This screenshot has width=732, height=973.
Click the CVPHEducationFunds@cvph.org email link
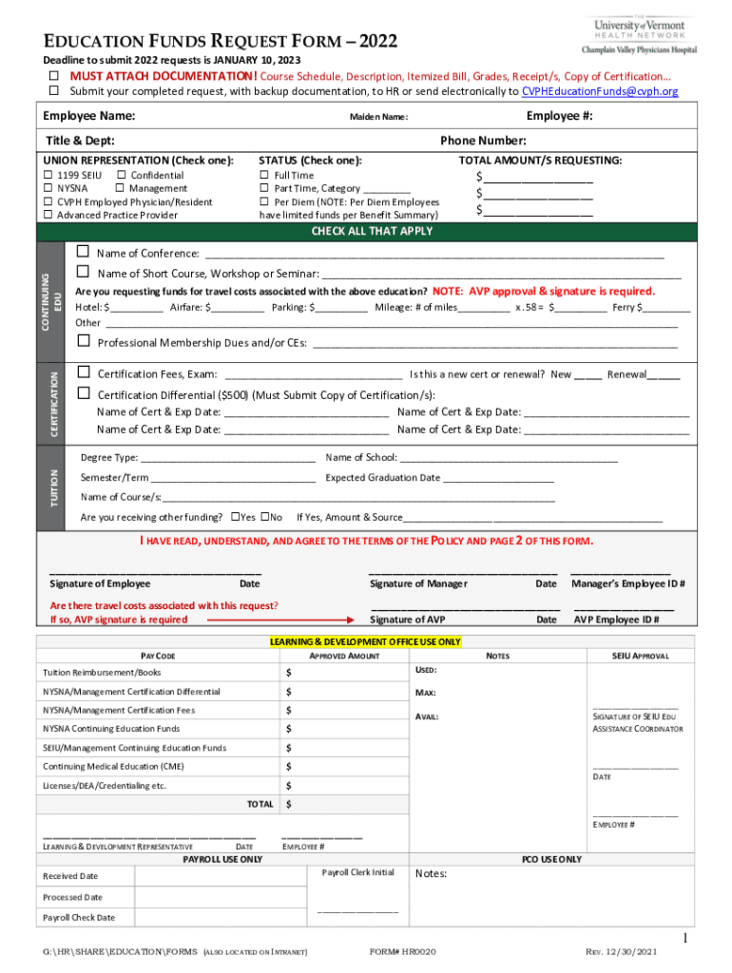tap(600, 91)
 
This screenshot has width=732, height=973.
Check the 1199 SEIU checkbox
tap(49, 176)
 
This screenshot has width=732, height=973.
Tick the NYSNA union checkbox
tap(49, 189)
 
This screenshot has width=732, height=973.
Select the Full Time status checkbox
tap(264, 176)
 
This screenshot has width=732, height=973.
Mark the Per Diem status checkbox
tap(264, 202)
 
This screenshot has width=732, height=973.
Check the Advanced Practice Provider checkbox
tap(49, 216)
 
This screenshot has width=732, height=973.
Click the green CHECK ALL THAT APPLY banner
tap(372, 232)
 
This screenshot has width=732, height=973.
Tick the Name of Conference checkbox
tap(83, 253)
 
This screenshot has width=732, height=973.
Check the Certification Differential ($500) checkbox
tap(83, 394)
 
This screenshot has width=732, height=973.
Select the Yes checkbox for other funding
tap(235, 517)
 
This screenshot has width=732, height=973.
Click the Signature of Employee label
tap(100, 583)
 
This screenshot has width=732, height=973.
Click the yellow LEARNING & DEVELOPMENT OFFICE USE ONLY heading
tap(366, 641)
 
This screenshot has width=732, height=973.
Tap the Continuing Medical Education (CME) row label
tap(113, 767)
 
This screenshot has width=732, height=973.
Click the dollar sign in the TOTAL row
tap(289, 805)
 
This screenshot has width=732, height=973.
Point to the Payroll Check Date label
tap(79, 918)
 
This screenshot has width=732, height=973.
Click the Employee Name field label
tap(89, 116)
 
